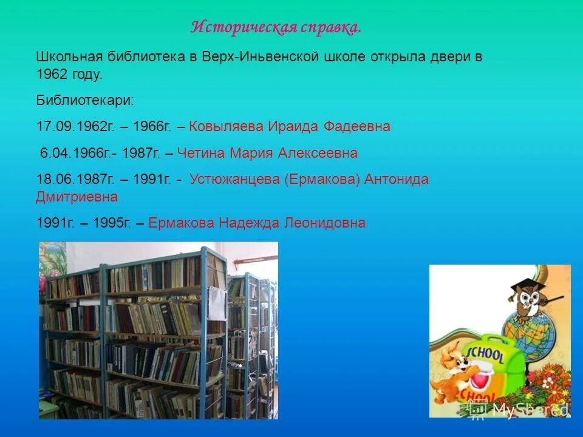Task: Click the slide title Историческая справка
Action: pos(276,27)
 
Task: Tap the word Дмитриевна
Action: pos(77,197)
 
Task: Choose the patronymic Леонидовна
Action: pos(325,223)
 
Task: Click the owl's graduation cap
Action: pos(523,285)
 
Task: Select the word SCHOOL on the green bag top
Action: pos(486,354)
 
